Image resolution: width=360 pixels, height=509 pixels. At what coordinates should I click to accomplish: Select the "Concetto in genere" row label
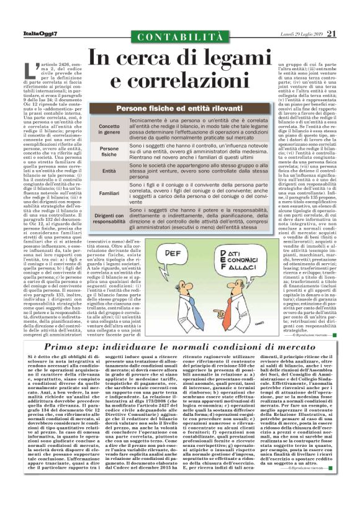tap(109, 129)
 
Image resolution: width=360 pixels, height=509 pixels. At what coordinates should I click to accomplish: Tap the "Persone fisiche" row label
tap(109, 153)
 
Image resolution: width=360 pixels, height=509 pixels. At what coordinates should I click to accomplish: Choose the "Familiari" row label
tap(109, 192)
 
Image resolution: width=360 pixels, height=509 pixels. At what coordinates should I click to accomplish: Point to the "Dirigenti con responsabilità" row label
tap(109, 217)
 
